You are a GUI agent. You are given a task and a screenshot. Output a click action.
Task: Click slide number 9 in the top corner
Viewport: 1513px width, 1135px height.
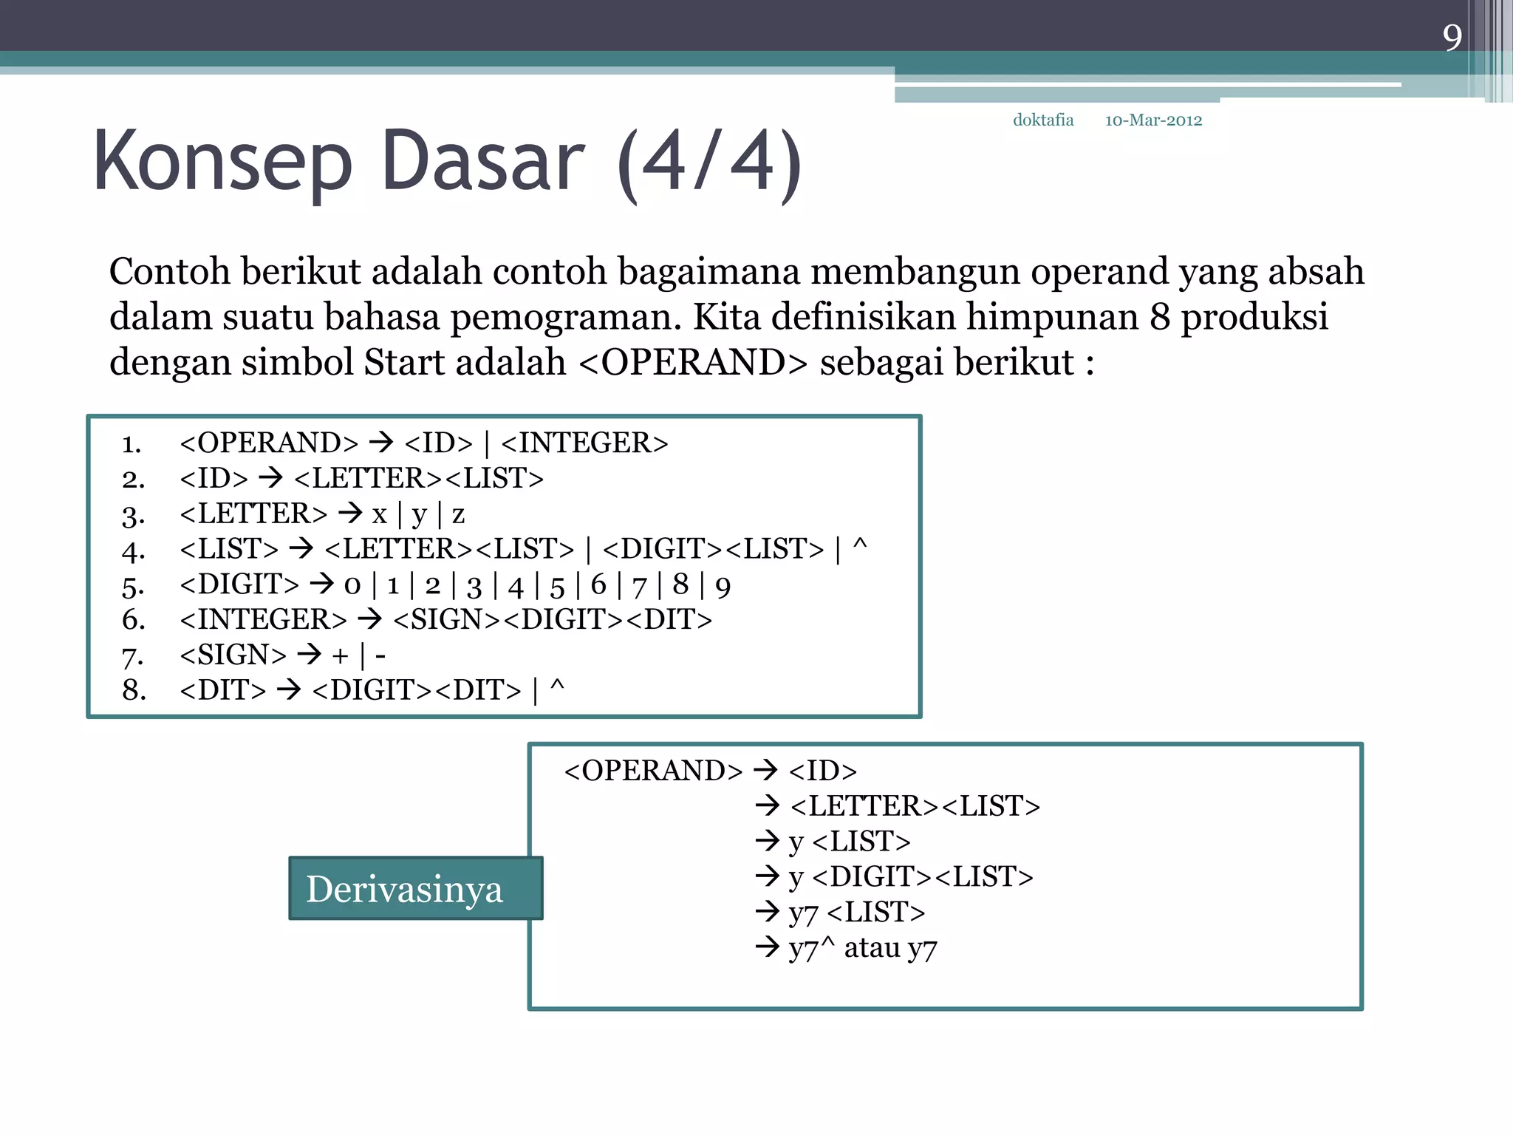click(1452, 38)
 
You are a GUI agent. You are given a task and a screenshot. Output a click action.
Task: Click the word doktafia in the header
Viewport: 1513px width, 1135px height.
click(1042, 120)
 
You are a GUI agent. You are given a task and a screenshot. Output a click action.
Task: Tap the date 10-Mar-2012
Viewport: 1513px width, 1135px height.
click(1153, 120)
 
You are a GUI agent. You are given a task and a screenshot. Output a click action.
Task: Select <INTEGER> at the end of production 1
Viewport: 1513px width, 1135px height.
click(584, 443)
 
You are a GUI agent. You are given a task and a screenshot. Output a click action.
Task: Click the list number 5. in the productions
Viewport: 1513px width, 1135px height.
click(133, 586)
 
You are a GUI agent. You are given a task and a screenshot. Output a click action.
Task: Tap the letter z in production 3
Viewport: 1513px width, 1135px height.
click(458, 514)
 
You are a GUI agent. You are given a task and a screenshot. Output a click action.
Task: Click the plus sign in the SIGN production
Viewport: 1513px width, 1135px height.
click(340, 655)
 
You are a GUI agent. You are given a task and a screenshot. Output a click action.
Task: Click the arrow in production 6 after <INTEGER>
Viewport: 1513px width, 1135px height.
click(369, 619)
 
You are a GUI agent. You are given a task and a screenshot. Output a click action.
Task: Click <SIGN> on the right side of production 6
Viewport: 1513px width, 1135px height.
click(447, 620)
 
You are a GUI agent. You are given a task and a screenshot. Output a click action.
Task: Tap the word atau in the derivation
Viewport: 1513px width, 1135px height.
click(872, 947)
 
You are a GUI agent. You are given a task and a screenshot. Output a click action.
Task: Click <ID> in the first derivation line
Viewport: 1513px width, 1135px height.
click(822, 771)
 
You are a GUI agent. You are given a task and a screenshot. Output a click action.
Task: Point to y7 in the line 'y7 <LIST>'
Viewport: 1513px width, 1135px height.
click(803, 913)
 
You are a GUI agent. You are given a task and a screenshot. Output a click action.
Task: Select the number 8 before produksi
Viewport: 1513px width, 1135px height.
click(1160, 317)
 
